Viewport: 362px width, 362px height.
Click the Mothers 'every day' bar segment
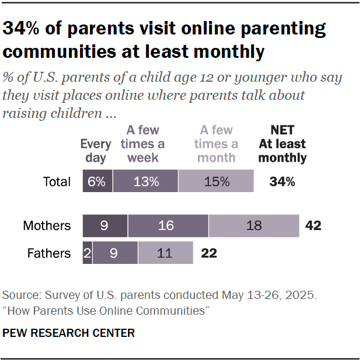click(105, 225)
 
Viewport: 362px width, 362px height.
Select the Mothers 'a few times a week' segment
click(168, 225)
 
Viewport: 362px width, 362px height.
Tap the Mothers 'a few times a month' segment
click(253, 225)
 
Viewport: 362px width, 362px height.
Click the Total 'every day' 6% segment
click(98, 181)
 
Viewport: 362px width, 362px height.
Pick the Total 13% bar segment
click(145, 181)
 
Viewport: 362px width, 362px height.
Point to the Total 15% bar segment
click(216, 181)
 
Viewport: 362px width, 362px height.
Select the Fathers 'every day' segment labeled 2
click(87, 253)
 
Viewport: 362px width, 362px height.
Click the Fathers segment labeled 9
click(115, 253)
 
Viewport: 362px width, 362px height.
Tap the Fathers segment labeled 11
click(165, 253)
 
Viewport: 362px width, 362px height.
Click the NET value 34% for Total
click(282, 182)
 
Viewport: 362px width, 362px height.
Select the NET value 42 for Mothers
click(313, 225)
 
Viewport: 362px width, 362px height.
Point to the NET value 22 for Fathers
click(209, 253)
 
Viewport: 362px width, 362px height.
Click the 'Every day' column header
click(95, 151)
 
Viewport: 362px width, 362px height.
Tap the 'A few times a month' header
click(216, 144)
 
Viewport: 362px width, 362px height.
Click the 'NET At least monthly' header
click(283, 144)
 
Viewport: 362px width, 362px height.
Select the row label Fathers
click(49, 253)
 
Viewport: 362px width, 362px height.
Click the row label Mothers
click(47, 225)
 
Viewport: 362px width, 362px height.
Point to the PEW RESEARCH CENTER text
click(69, 333)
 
